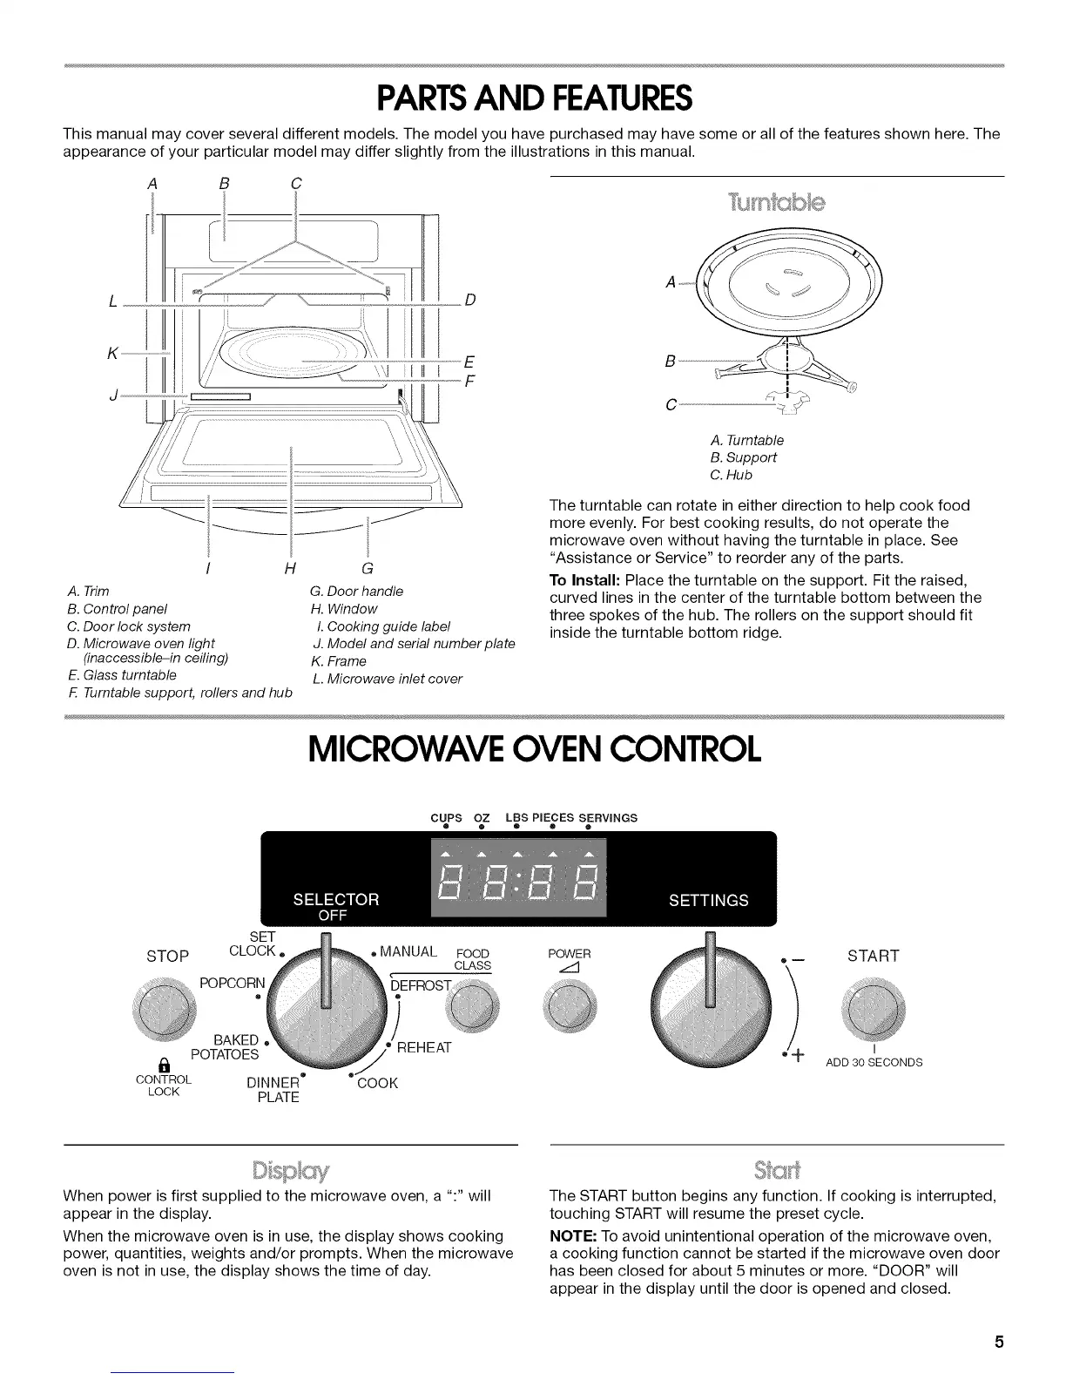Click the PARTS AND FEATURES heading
pos(533,98)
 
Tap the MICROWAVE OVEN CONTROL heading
pos(534,747)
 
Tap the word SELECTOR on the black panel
pos(336,899)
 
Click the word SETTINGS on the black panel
pos(708,901)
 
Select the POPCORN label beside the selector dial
pos(231,984)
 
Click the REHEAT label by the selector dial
pos(424,1048)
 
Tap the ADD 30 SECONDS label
pos(874,1062)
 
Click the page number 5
pos(1000,1342)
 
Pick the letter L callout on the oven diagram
pos(114,301)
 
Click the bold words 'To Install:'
pos(584,580)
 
